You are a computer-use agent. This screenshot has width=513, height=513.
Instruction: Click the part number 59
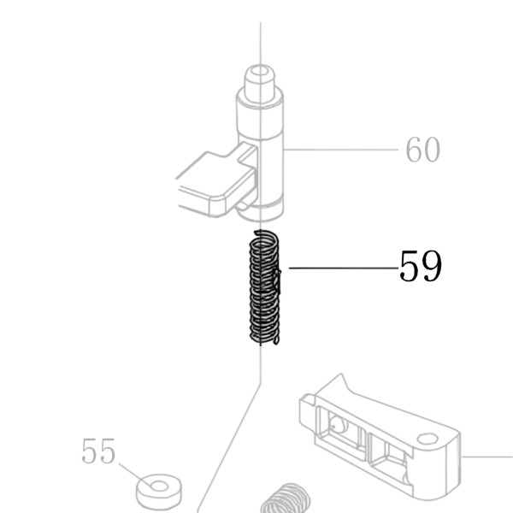coord(421,265)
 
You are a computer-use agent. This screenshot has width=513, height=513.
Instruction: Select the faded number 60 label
coord(422,150)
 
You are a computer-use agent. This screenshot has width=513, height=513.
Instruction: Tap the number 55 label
coord(98,451)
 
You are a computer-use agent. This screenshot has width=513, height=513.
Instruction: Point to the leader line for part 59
coord(344,268)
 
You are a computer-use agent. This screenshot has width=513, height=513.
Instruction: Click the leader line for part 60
coord(340,150)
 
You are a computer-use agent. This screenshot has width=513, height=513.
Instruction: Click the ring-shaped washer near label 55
coord(159,491)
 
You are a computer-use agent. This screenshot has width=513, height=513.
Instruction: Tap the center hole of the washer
coord(159,486)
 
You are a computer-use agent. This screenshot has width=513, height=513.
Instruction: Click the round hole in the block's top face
coord(427,439)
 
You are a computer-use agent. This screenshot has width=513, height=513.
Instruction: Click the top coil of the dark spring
coord(265,236)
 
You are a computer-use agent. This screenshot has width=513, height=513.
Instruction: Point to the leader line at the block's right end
coord(486,457)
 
